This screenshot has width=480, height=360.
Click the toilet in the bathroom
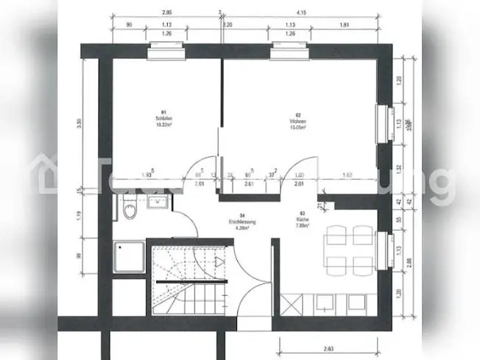[x=130, y=211]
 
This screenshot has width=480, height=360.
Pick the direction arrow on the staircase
[x=218, y=261]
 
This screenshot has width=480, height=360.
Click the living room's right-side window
[x=382, y=122]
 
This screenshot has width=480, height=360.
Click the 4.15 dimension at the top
[x=300, y=13]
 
